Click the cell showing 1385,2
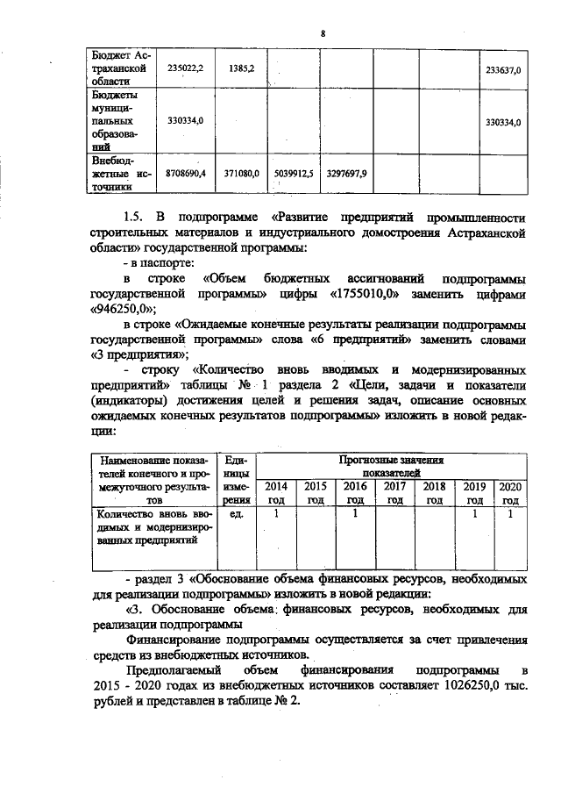[x=241, y=68]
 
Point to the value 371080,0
[x=241, y=174]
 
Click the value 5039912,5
[x=293, y=174]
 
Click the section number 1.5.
[x=133, y=218]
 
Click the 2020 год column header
[x=508, y=492]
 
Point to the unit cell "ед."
[x=235, y=513]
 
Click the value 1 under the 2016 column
[x=355, y=513]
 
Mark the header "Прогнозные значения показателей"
[x=392, y=465]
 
